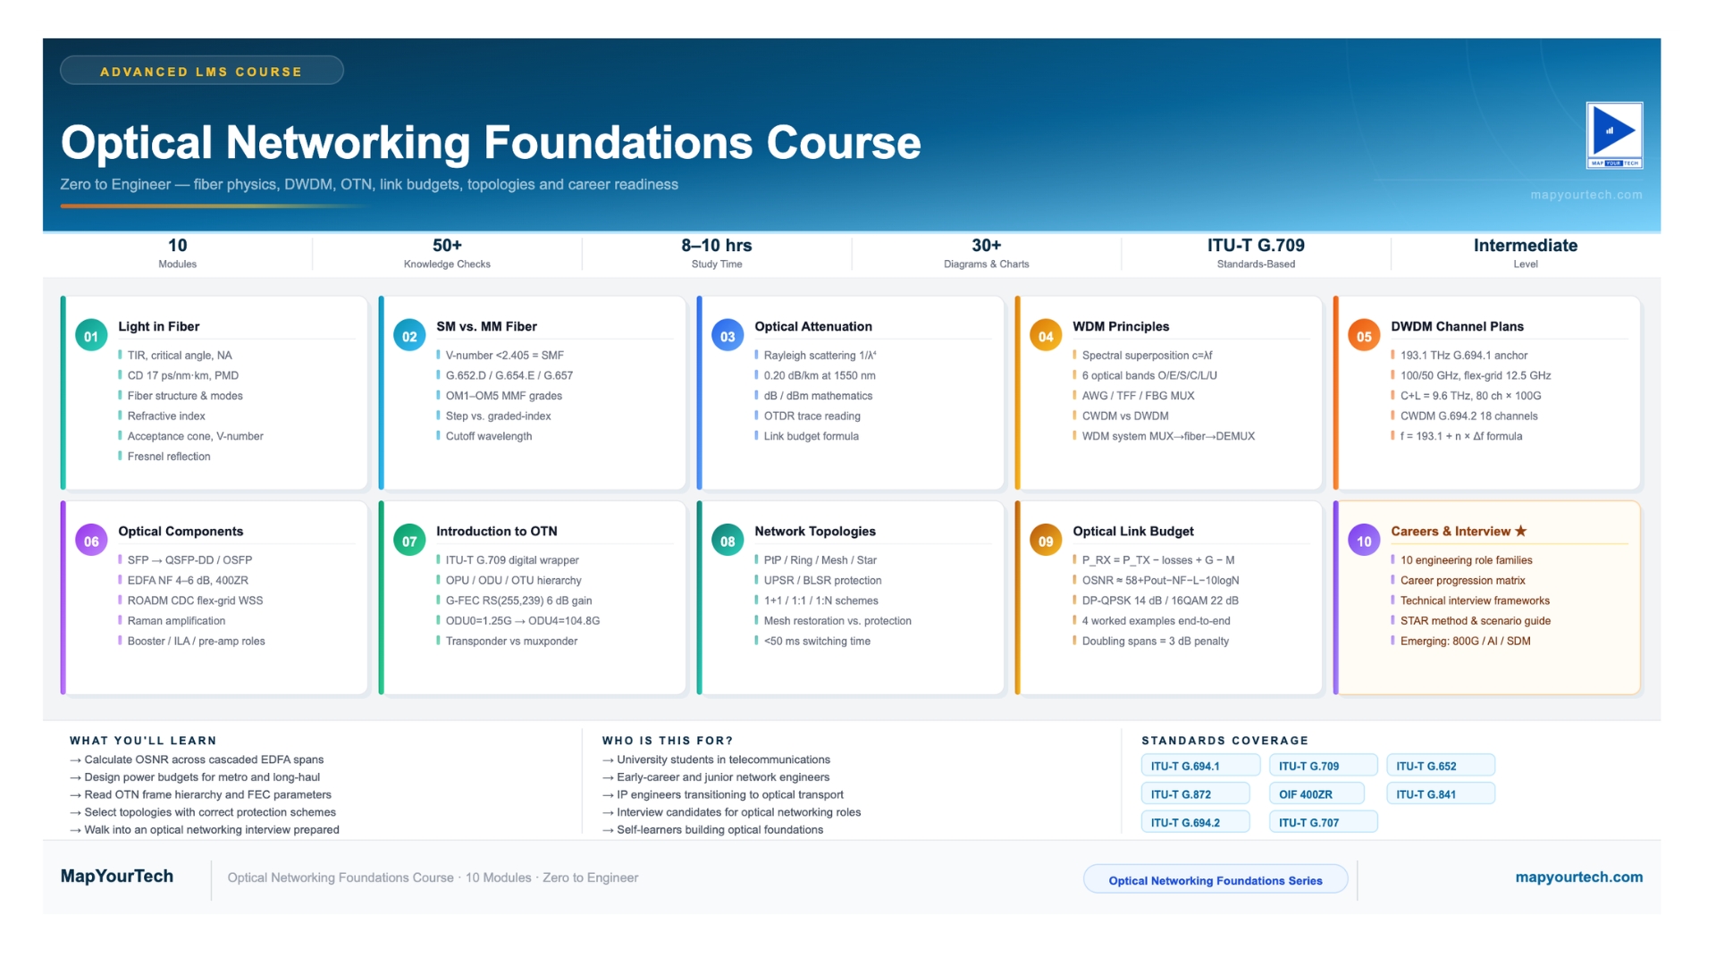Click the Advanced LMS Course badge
202,71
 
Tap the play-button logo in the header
1614,135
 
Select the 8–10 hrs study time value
717,246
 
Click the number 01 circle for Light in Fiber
91,336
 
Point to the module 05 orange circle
1364,336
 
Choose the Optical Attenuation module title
813,327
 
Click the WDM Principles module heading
1121,327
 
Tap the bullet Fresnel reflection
169,457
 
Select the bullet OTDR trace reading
812,416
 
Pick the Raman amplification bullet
176,621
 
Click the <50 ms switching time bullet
817,642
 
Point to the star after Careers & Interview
1520,531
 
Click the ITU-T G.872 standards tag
1195,794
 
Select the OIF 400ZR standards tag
1316,794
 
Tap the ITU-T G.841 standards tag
1441,794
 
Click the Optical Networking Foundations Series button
1215,880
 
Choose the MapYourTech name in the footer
117,877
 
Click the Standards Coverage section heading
1224,741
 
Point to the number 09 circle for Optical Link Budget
1046,541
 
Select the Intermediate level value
1526,246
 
